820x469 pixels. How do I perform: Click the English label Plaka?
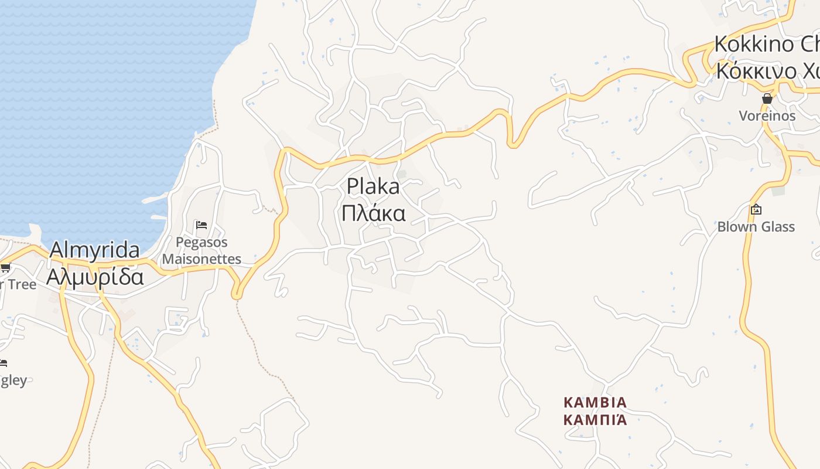[x=373, y=187]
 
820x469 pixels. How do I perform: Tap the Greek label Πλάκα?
[x=373, y=213]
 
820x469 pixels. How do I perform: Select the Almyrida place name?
[x=94, y=250]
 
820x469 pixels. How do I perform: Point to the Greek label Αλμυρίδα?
[x=94, y=276]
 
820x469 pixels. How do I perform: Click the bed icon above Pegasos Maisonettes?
[x=201, y=225]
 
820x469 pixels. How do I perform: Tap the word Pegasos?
[x=201, y=242]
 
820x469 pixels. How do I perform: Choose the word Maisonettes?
[x=201, y=259]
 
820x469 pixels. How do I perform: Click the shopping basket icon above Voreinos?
[x=767, y=99]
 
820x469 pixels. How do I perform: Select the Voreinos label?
[x=767, y=115]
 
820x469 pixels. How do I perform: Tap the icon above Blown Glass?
[x=756, y=209]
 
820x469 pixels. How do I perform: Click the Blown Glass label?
[x=756, y=227]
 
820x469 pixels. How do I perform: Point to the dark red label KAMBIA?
[x=594, y=403]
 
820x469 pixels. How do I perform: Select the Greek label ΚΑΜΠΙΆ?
[x=594, y=420]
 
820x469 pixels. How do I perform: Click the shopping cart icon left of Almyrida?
[x=5, y=268]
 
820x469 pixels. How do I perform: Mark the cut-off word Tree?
[x=22, y=285]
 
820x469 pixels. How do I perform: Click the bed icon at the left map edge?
[x=3, y=363]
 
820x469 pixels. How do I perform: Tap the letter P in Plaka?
[x=353, y=187]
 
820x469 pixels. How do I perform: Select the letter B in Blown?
[x=722, y=227]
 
